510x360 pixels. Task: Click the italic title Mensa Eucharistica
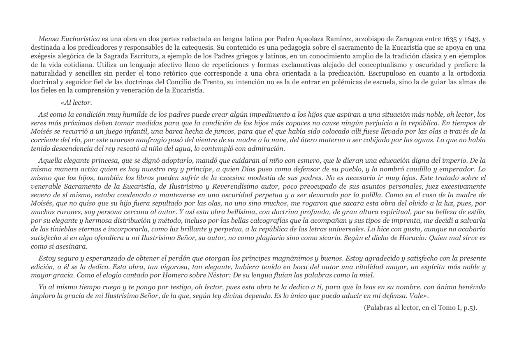tap(69, 39)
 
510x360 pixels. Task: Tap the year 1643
tap(472, 39)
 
